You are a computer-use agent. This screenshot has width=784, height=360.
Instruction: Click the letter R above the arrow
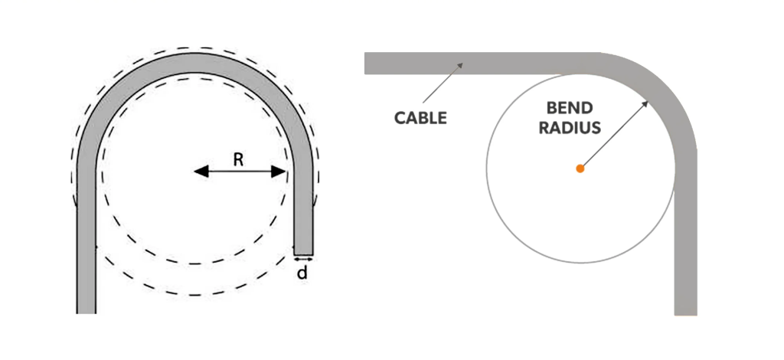[238, 159]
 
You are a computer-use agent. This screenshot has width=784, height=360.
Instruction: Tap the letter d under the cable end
[302, 271]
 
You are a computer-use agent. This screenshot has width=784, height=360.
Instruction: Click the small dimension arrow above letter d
[303, 260]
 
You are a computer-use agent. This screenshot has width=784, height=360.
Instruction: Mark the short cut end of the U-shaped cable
[303, 253]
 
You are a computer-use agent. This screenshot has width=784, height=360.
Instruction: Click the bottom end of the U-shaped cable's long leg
[87, 310]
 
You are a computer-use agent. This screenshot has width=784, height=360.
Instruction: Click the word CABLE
[420, 119]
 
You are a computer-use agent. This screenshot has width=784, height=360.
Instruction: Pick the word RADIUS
[570, 128]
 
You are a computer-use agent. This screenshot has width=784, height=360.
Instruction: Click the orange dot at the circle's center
[580, 168]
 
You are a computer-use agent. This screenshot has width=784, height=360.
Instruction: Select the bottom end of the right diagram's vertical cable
[686, 312]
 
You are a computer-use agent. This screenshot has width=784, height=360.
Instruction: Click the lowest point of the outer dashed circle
[195, 295]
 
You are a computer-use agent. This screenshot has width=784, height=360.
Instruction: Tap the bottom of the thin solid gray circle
[580, 262]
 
